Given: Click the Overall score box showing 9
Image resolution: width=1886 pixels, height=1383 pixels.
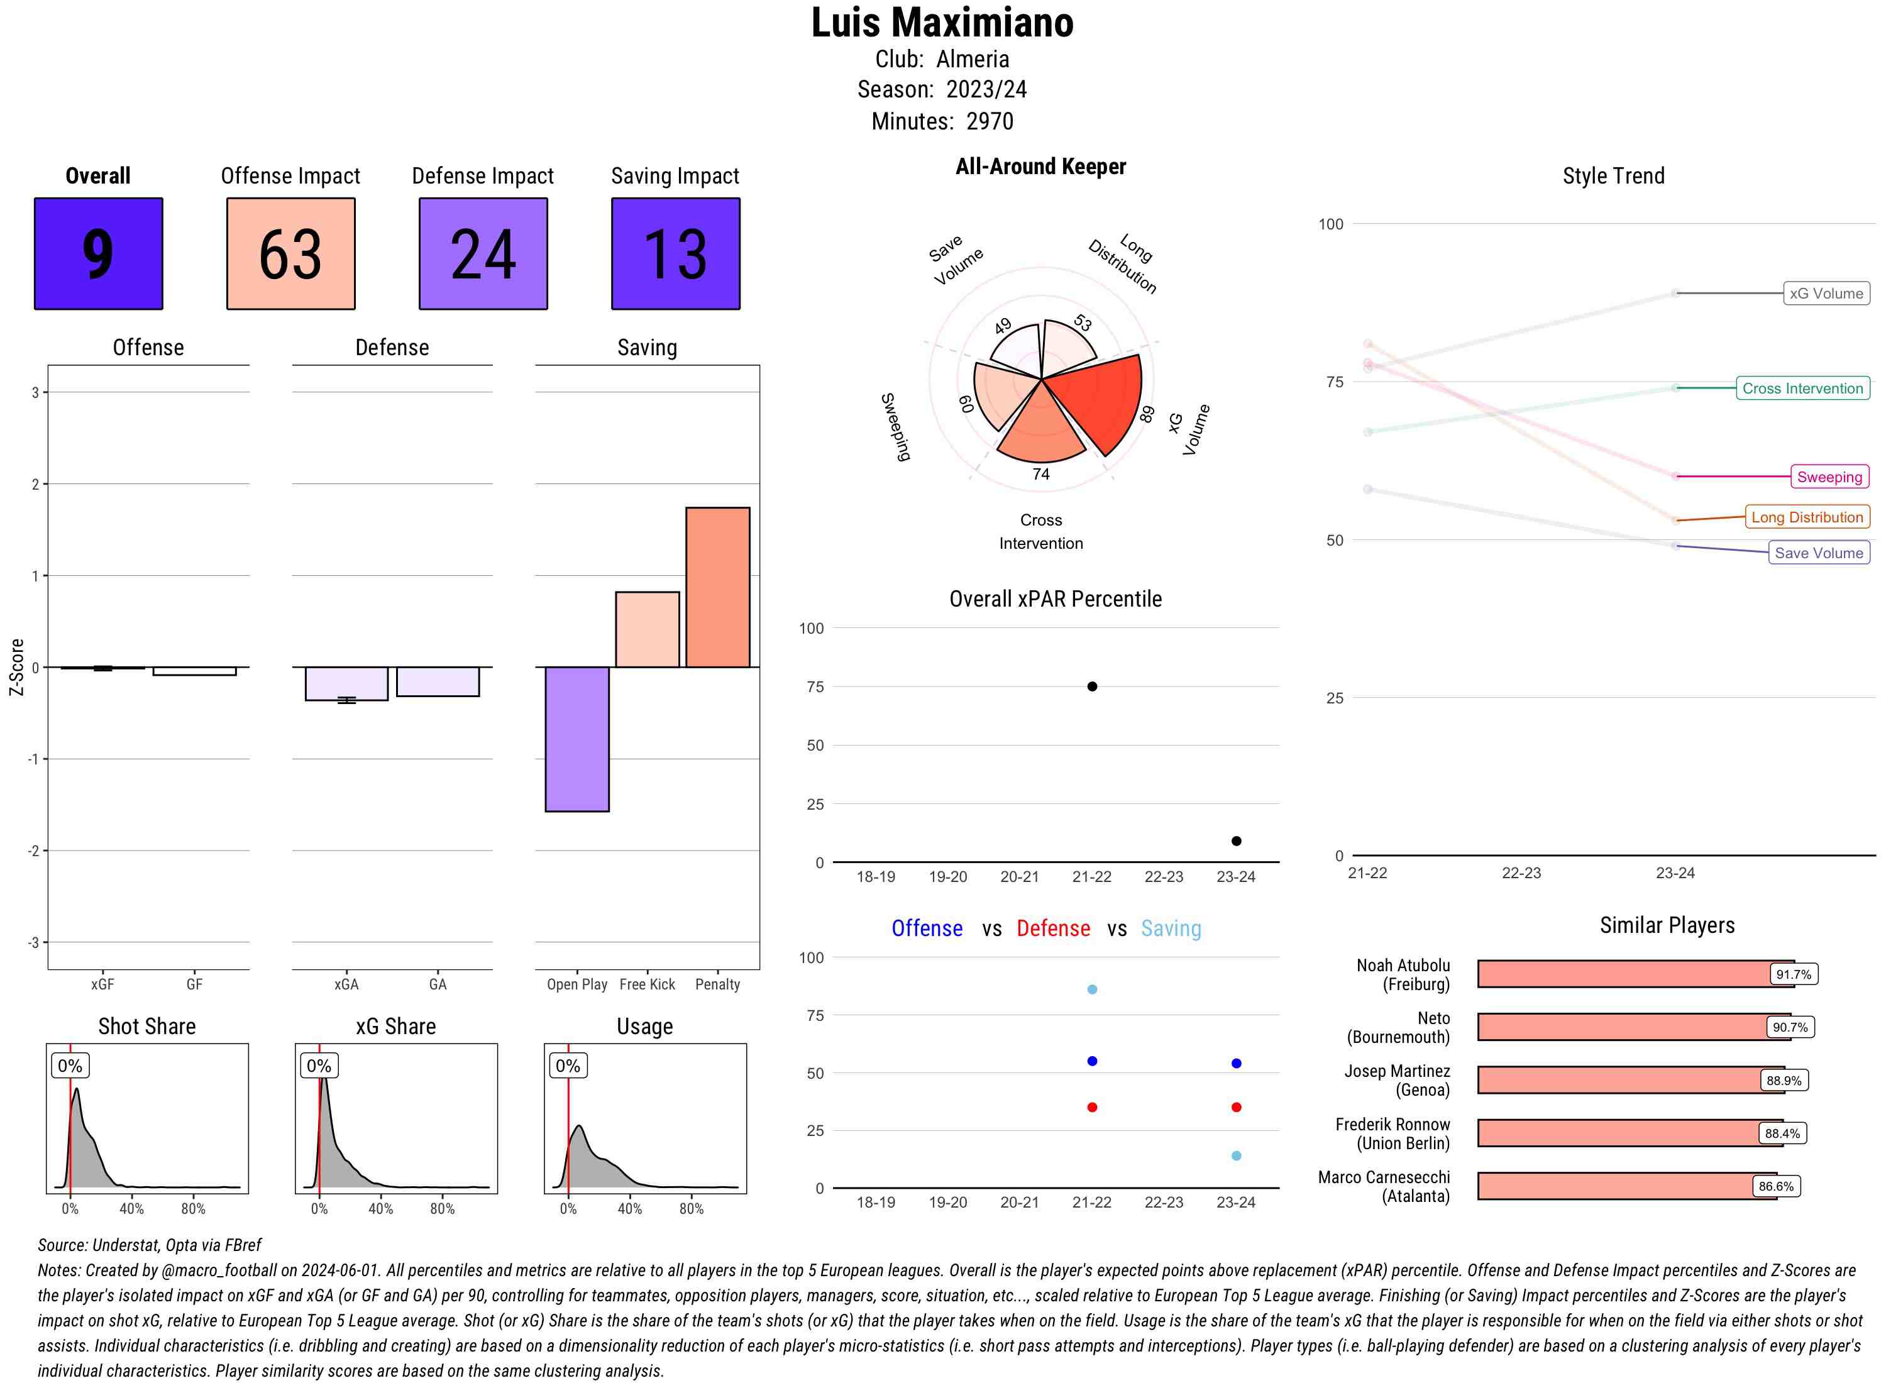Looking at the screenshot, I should (x=98, y=254).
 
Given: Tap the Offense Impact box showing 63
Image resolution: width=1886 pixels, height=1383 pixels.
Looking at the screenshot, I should (x=290, y=254).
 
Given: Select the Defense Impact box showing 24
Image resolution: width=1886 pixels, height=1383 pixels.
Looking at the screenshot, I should (x=483, y=254).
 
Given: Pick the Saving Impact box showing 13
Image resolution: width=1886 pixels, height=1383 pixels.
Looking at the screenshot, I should (x=676, y=254).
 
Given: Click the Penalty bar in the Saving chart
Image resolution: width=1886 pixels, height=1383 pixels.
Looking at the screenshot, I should (x=717, y=587).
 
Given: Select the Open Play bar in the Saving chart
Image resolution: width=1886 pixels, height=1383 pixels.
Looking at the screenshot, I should (x=576, y=739).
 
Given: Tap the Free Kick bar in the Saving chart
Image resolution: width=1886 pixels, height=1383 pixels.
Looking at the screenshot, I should (x=647, y=629).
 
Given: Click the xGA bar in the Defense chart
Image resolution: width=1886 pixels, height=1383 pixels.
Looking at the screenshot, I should (x=346, y=683).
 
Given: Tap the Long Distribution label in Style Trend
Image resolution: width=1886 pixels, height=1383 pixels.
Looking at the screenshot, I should (x=1807, y=517).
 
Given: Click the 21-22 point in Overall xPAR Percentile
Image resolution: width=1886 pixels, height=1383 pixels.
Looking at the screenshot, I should (x=1091, y=686).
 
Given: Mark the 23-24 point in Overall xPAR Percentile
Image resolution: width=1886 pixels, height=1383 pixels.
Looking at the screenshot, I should (x=1235, y=840).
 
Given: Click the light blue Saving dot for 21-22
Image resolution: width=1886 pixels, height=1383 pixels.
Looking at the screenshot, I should (x=1091, y=989).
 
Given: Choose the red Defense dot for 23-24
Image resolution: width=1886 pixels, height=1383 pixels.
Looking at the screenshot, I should (x=1235, y=1107).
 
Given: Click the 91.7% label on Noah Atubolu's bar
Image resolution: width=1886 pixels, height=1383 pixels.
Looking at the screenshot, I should (x=1793, y=974).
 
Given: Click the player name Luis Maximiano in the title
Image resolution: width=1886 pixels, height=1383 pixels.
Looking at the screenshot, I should (x=942, y=23).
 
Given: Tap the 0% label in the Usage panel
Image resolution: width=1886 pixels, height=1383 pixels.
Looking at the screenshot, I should (x=568, y=1066).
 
